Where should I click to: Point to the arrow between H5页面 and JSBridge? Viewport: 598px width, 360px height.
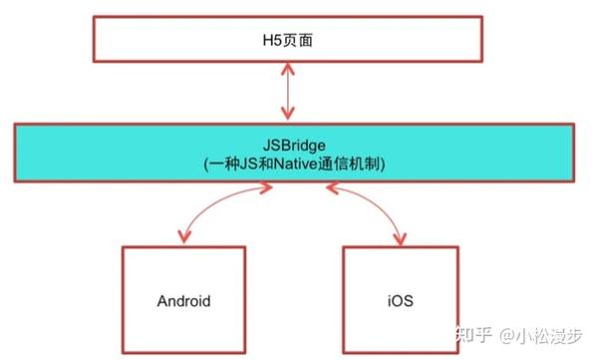coord(289,92)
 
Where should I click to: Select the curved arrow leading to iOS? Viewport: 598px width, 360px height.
coord(374,204)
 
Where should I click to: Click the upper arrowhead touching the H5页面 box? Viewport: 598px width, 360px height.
coord(289,70)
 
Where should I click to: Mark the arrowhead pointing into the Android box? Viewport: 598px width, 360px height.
coord(182,236)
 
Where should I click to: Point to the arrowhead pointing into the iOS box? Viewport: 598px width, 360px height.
coord(401,236)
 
